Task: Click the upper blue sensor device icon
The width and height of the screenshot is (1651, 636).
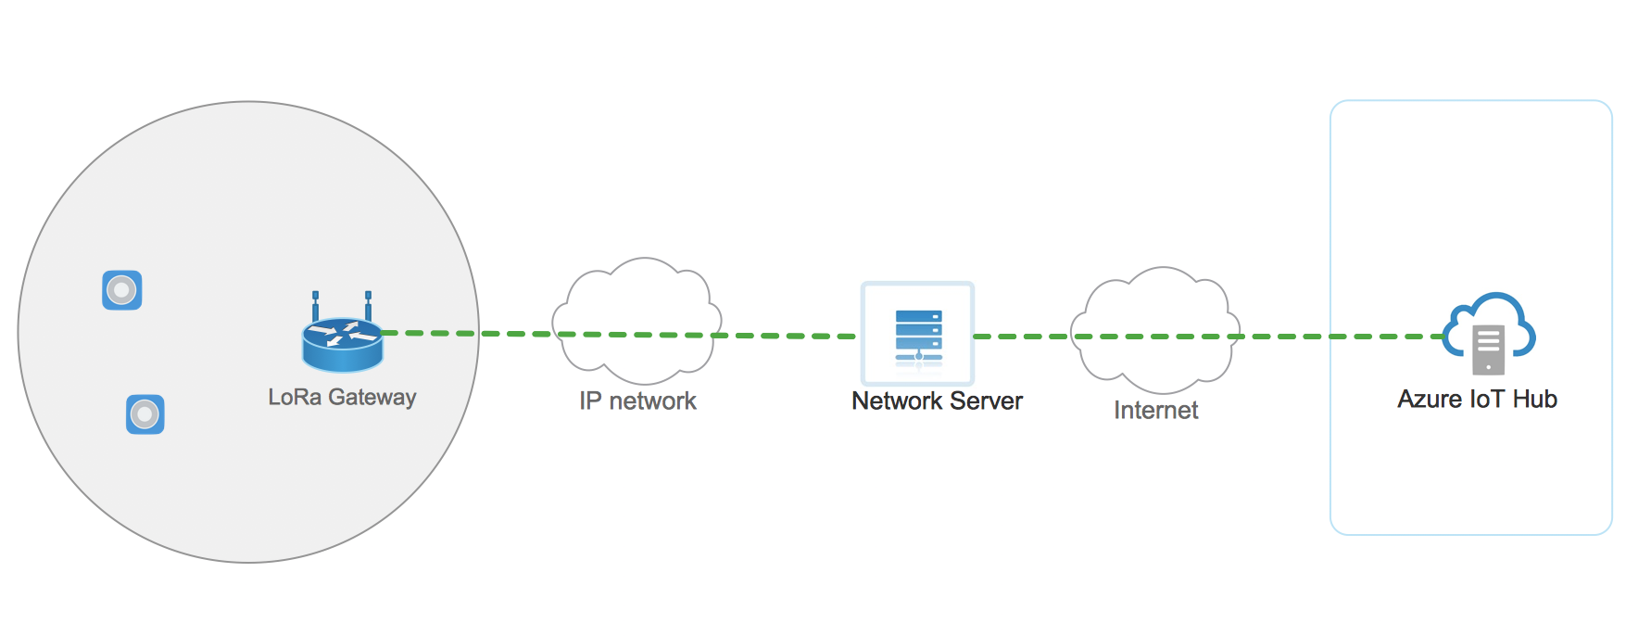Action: pos(121,290)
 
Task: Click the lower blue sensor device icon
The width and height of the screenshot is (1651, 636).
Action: pos(145,414)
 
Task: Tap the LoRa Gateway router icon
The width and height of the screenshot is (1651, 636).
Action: pos(342,344)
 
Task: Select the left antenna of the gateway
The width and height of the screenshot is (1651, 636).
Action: pos(315,305)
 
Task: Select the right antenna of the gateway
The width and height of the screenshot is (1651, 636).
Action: pos(368,305)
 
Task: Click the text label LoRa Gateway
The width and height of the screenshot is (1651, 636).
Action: pos(342,397)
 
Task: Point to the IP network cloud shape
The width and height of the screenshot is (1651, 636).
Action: pos(637,297)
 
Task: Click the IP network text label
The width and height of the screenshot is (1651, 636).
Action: pos(637,401)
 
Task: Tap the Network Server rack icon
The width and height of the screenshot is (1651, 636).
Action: pos(918,334)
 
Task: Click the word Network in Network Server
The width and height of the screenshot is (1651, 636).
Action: pos(896,401)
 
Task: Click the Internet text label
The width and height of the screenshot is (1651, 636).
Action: pos(1155,410)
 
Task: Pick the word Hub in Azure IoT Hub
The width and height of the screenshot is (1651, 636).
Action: pos(1535,399)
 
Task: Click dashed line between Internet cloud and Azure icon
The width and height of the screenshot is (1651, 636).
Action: pos(1334,337)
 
